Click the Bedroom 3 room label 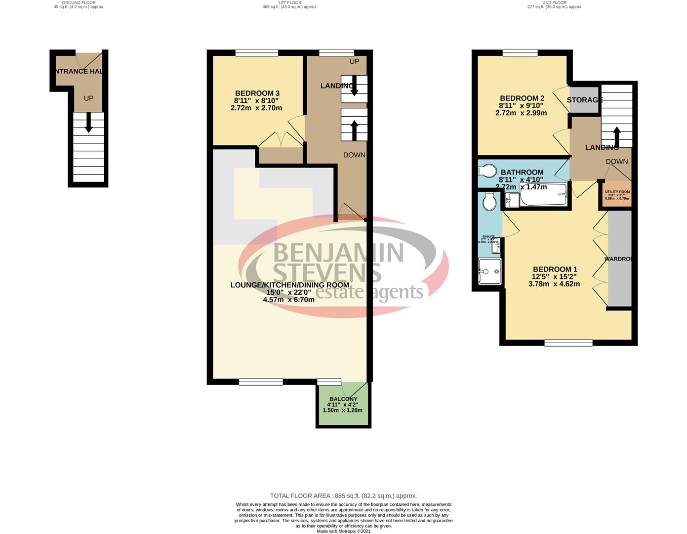(x=257, y=93)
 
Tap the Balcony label (x=343, y=399)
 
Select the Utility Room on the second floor (x=617, y=194)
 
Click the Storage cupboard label (x=585, y=100)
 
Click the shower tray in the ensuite (x=489, y=271)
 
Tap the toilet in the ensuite (x=489, y=202)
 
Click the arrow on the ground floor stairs (x=89, y=122)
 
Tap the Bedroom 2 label (x=522, y=98)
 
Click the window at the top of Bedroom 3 (x=257, y=53)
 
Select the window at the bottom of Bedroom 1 (x=568, y=342)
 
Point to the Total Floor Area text (x=343, y=495)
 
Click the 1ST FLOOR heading (x=290, y=2)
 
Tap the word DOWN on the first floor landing (x=354, y=155)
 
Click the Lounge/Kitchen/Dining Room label (x=290, y=285)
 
